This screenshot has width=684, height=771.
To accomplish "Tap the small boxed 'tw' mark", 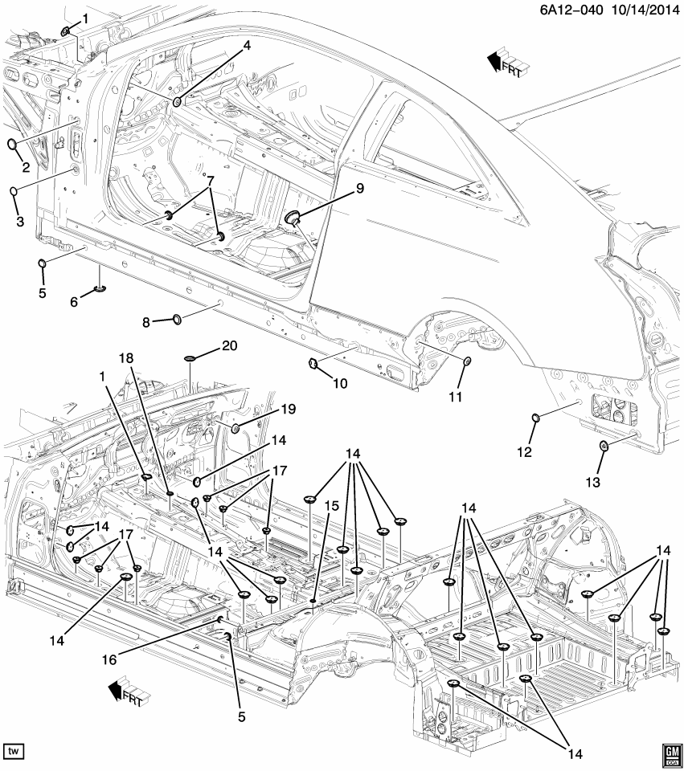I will click(x=14, y=750).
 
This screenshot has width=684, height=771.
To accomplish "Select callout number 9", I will click(x=360, y=188).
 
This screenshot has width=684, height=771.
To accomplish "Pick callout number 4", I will click(x=247, y=46).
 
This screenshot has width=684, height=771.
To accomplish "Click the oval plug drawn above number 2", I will click(x=13, y=145).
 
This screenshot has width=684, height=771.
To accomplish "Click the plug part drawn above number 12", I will click(x=535, y=417).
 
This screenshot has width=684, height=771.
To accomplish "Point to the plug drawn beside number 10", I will click(x=313, y=365).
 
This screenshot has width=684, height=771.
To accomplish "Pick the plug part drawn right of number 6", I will click(x=100, y=289).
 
